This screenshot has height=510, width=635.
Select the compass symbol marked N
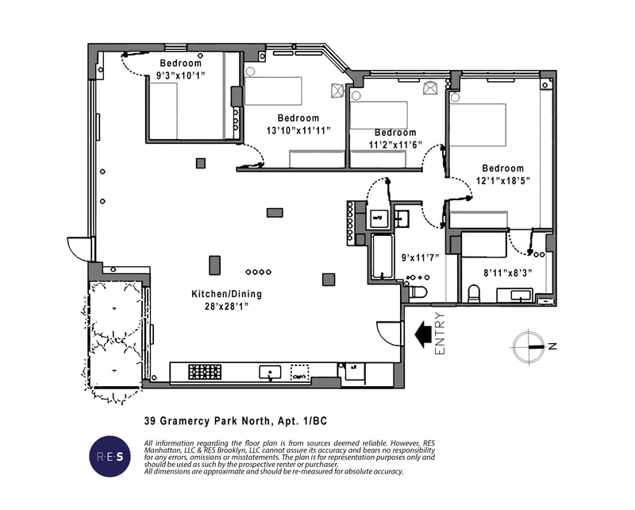click(529, 346)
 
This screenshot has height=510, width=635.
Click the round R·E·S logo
click(110, 456)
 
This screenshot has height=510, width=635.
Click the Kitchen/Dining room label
click(226, 294)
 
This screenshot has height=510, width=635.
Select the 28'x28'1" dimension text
click(226, 306)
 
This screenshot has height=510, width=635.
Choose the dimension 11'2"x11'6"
click(394, 145)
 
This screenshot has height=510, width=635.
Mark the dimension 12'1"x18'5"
click(503, 180)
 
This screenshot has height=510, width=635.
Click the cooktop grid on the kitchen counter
click(204, 372)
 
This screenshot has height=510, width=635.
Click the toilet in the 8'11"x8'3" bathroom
click(474, 294)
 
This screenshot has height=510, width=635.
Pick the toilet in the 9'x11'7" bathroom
click(418, 292)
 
